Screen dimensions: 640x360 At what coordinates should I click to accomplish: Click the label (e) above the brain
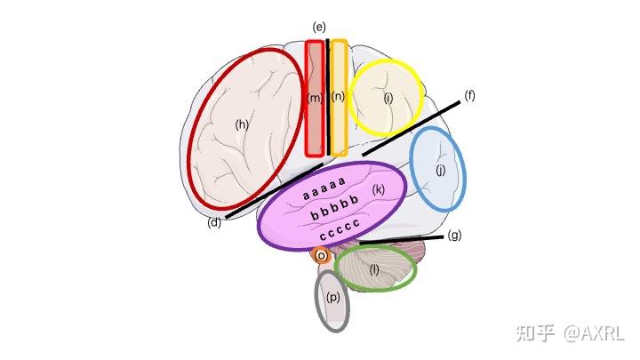point(319,28)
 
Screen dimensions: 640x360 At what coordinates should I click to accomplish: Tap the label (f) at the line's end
point(470,96)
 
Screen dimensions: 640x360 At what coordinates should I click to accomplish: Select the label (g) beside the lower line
point(454,235)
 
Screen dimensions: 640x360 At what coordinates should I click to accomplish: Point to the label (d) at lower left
point(214,223)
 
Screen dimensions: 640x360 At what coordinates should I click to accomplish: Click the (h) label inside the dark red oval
point(242,124)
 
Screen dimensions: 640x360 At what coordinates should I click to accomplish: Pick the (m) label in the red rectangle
point(315,98)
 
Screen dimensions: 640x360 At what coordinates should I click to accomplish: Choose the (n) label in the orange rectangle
point(338,96)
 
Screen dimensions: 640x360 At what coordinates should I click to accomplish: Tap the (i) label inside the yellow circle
point(388,98)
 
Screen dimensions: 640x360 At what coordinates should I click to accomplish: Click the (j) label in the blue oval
point(441,170)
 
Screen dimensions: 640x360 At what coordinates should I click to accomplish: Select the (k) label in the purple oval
point(379,189)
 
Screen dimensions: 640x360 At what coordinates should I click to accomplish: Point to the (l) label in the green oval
point(374,269)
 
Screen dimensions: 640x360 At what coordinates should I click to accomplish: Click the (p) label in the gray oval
point(333,297)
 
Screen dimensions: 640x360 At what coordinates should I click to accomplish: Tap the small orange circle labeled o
point(322,256)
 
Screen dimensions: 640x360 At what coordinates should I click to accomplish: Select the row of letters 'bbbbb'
point(335,207)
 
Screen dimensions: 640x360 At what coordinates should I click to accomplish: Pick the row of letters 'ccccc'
point(340,230)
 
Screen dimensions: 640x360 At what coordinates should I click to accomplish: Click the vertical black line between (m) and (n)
point(328,97)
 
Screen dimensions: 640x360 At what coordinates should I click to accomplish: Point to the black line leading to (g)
point(401,240)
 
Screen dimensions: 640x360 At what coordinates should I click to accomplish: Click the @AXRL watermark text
point(595,333)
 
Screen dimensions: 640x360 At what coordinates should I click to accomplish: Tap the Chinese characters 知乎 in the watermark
point(536,333)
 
